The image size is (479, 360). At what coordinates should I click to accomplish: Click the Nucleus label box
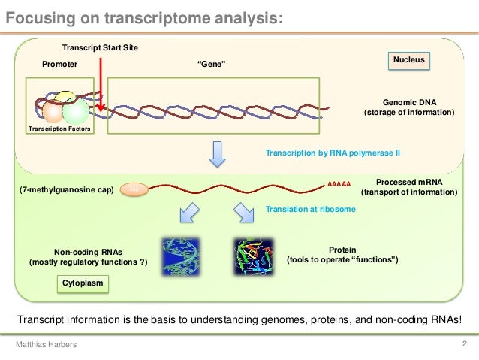point(410,59)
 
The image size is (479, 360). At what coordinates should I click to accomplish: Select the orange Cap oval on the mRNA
point(135,190)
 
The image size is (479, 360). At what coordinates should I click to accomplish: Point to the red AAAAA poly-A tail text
point(339,183)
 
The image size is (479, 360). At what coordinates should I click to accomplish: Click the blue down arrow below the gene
point(217,154)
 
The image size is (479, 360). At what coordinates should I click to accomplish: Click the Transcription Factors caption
point(59,129)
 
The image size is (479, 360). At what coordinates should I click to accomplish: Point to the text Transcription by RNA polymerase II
point(333,153)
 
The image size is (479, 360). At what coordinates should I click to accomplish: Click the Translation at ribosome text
point(311,210)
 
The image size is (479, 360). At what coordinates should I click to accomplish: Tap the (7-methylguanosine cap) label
point(65,190)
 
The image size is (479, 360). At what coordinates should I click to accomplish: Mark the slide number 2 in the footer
point(465,344)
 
